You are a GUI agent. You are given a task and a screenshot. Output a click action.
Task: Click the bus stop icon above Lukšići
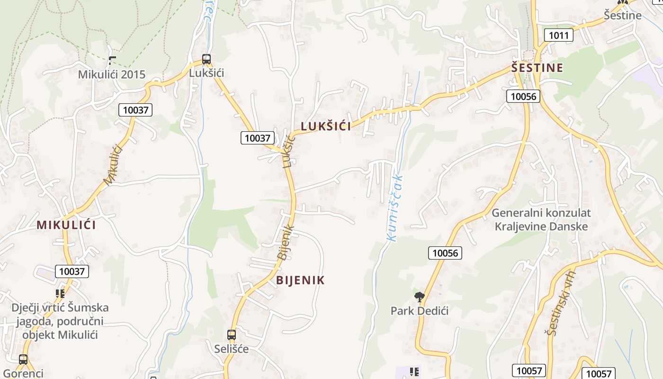206,59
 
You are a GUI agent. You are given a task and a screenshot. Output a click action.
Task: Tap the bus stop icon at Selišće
231,335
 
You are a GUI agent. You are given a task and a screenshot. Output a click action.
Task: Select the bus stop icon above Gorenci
23,359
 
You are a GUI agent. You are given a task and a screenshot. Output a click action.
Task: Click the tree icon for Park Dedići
419,297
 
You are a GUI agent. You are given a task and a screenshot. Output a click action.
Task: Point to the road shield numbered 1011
559,35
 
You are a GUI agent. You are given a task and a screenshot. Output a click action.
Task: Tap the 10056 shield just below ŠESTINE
523,96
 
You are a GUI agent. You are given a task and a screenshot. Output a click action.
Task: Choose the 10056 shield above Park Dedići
445,253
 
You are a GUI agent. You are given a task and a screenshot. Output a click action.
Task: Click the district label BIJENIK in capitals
300,280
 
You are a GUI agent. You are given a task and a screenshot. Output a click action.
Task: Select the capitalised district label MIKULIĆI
66,225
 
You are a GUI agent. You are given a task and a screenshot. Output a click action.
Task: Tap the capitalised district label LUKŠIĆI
326,126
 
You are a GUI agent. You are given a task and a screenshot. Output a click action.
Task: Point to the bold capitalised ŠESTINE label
537,68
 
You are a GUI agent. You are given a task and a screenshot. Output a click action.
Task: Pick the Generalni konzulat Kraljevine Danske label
541,219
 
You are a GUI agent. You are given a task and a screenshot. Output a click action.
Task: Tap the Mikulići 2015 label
111,74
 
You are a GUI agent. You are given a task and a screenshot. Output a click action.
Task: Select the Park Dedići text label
419,311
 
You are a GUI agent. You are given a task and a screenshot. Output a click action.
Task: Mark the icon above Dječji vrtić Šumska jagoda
60,294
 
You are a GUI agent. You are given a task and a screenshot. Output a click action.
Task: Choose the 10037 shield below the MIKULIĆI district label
72,271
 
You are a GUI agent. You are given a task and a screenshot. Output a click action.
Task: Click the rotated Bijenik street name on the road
286,242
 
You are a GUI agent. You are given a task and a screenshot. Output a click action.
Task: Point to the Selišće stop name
231,349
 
